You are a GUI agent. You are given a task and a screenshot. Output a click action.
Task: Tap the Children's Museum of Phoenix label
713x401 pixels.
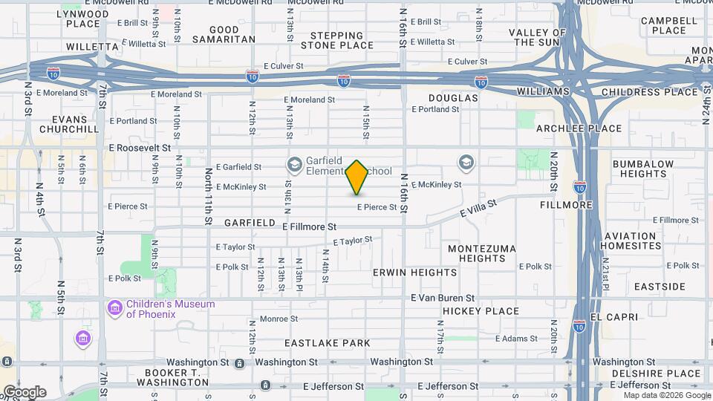(x=170, y=309)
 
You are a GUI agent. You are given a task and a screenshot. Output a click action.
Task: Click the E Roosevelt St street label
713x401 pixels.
(x=140, y=148)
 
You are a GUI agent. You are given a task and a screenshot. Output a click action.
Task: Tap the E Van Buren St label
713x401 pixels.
(x=443, y=298)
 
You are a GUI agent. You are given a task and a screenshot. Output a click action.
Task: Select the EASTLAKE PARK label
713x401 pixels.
(x=328, y=343)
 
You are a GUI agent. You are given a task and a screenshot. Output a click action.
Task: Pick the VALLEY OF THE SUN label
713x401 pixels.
(x=538, y=37)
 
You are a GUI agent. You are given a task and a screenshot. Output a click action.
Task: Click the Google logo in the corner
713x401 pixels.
(x=24, y=392)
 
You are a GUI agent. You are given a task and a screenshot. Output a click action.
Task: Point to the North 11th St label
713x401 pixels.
(x=209, y=197)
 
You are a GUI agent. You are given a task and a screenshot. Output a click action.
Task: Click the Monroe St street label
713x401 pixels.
(x=279, y=319)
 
